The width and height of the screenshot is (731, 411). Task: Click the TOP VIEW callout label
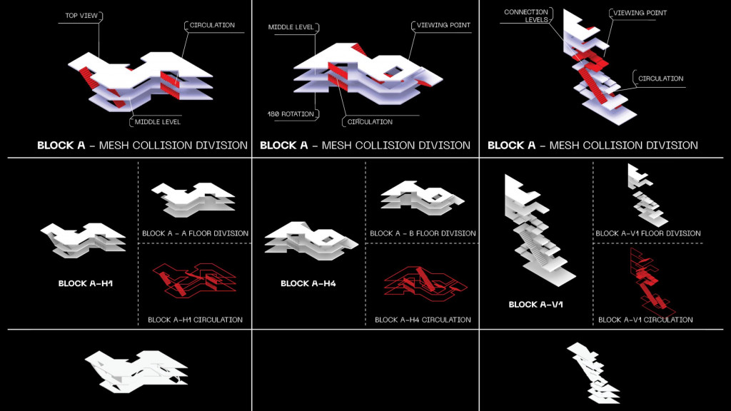point(81,14)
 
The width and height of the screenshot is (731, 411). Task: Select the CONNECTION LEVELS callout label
point(527,16)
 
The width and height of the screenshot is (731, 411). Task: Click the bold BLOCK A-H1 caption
point(86,283)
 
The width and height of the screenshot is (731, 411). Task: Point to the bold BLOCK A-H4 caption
point(308,283)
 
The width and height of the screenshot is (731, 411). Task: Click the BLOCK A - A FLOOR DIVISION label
point(195,233)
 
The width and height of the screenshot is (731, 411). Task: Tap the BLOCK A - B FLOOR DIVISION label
point(423,233)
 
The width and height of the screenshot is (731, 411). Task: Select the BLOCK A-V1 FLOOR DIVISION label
point(647,233)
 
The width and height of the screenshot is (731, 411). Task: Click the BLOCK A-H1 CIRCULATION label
point(195,320)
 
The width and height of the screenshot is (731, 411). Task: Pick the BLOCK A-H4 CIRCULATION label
point(423,320)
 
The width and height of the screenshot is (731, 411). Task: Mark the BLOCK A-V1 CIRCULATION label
point(645,320)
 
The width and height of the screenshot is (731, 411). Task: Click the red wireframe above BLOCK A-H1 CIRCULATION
point(196,279)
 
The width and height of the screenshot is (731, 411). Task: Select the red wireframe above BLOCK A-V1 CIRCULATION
point(648,282)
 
